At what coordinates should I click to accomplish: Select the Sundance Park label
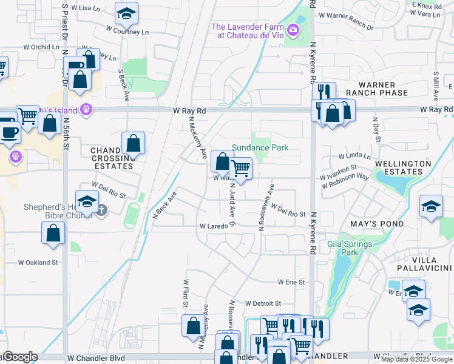[260, 147]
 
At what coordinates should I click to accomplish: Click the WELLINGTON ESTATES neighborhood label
[402, 167]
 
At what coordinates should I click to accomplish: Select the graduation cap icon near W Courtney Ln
[126, 13]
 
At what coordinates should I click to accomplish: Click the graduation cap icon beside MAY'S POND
[432, 207]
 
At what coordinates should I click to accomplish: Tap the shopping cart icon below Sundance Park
[241, 168]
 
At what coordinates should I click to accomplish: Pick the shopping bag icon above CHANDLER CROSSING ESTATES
[133, 144]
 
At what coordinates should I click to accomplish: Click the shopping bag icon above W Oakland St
[53, 233]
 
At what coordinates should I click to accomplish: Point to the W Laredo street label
[214, 226]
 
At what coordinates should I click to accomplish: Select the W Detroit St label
[263, 303]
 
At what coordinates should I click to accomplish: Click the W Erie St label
[291, 282]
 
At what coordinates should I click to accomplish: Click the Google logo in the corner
[19, 357]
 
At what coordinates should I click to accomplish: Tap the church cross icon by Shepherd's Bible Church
[101, 210]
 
